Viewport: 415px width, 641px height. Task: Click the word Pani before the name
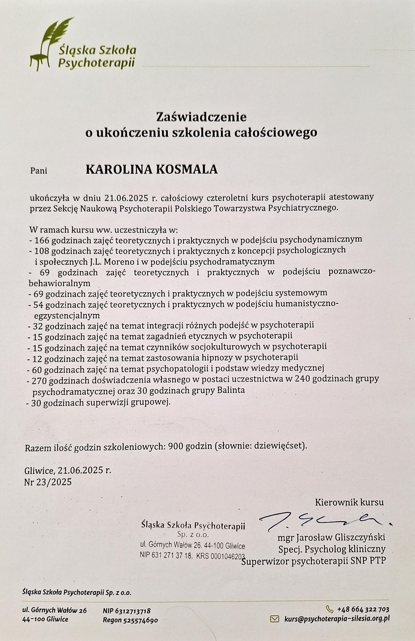(x=39, y=171)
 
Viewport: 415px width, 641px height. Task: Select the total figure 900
(x=175, y=446)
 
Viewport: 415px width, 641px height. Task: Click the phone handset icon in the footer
(x=329, y=609)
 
